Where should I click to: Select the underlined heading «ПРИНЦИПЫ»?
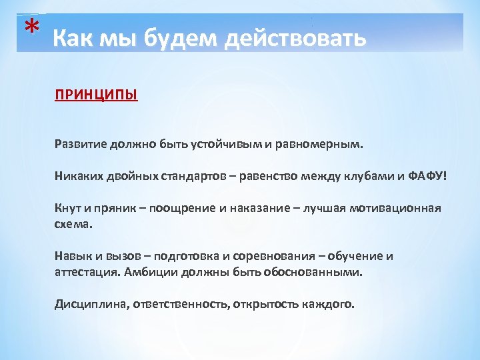tap(96, 95)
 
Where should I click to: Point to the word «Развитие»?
tap(78, 144)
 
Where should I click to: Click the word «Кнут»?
tap(67, 208)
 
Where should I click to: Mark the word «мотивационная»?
tap(402, 208)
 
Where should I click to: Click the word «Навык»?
tap(72, 257)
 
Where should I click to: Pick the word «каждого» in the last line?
tap(332, 305)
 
